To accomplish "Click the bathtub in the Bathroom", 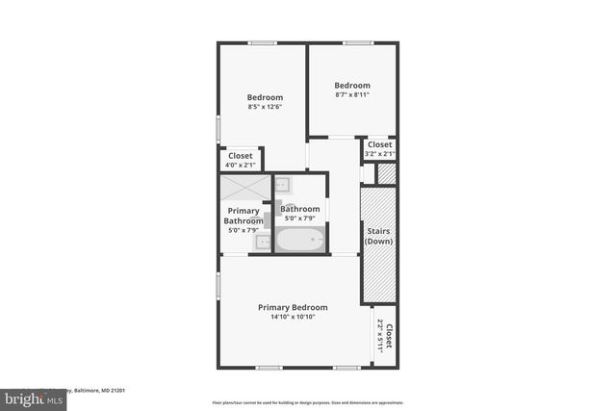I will click(300, 239).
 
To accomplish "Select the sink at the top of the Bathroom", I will click(284, 185).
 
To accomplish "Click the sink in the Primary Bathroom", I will click(263, 243).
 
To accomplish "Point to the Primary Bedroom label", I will click(293, 307).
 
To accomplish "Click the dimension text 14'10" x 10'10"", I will click(293, 317).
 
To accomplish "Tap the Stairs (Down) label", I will click(379, 236).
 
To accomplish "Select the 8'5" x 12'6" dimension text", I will click(265, 107).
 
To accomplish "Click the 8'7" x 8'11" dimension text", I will click(352, 94).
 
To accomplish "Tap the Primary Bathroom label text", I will click(243, 216).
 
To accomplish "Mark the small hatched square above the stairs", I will click(387, 174).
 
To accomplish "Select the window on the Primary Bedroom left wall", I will click(218, 285).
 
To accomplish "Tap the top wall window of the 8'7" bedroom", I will click(358, 42).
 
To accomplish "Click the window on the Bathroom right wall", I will click(329, 209).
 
